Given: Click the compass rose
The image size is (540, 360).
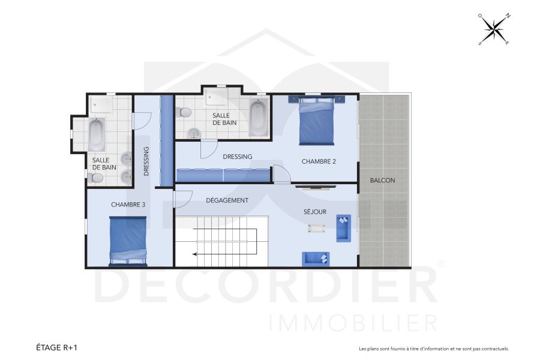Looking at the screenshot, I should point(493,29).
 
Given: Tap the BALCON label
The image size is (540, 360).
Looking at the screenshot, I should point(382,180).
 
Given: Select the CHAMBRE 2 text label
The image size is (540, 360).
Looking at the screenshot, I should point(318,161).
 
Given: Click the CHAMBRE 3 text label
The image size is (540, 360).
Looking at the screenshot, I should point(128,205).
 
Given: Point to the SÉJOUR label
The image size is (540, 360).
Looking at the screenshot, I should point(314,212).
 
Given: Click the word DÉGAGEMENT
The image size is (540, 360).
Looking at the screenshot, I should point(227,200).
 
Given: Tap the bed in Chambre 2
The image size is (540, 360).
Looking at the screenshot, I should point(316,122).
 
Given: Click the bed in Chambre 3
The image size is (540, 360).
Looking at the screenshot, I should point(128,241).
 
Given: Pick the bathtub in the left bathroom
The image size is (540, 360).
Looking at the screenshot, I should point(96,134).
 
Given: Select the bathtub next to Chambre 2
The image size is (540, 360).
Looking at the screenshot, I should point(258,118).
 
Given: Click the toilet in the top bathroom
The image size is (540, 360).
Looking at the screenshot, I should point(184,112).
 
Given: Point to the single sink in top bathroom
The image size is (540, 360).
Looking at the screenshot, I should point(193,133).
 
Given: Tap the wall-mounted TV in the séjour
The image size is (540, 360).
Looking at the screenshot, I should point(311,187).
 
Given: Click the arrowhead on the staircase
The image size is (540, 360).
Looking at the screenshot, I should point(195,254).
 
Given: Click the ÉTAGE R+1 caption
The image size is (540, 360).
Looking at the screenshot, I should point(56,347).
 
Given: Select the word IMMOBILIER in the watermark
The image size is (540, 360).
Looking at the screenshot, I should point(354,322).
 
